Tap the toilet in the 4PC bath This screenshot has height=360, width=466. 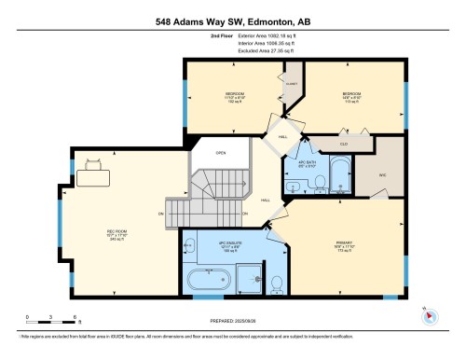tap(295, 186)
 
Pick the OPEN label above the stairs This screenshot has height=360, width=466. tap(221, 154)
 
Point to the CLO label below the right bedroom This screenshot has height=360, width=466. tap(344, 145)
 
